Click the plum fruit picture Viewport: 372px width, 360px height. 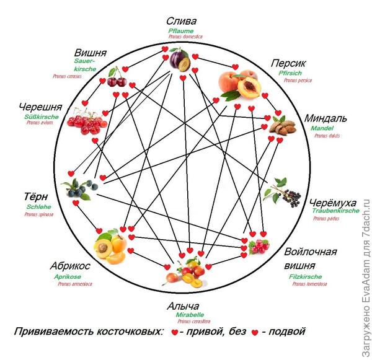point(180,61)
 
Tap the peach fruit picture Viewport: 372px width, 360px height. point(237,85)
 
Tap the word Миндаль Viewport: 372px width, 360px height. point(325,118)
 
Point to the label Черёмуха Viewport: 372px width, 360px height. point(333,203)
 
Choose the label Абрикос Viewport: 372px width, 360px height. point(71,266)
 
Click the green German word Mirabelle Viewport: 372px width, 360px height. point(190,315)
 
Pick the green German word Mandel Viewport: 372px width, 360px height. point(322,128)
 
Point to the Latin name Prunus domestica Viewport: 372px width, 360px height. point(186,37)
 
